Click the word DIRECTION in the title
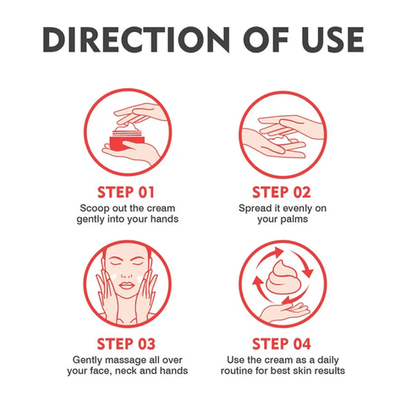point(136,40)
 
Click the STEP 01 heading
point(126,192)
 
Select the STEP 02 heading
point(282,192)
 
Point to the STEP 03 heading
point(126,343)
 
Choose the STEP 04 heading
point(282,343)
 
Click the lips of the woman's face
point(126,285)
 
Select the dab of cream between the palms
point(278,138)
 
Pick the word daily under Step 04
point(328,360)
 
